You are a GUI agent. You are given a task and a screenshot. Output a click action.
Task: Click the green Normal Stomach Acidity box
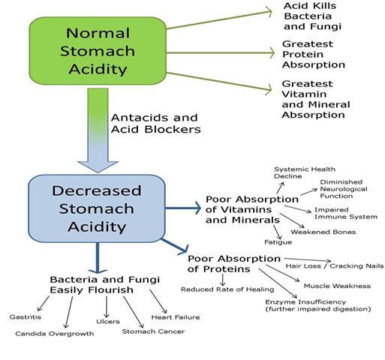click(98, 51)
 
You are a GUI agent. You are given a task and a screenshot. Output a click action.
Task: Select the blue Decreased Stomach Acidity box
click(97, 208)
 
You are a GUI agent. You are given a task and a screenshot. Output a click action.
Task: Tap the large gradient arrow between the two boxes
click(98, 130)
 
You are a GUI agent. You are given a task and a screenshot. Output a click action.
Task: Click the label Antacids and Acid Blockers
click(156, 124)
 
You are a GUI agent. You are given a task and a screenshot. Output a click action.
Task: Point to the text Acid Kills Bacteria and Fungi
click(312, 16)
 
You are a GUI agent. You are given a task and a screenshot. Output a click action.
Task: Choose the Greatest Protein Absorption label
click(314, 54)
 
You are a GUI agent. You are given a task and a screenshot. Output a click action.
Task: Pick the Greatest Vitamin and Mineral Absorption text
click(316, 99)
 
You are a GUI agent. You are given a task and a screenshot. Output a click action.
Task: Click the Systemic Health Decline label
click(305, 172)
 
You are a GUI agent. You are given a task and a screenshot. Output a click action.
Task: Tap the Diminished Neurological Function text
click(344, 189)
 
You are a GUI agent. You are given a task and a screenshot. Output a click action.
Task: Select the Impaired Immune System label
click(346, 213)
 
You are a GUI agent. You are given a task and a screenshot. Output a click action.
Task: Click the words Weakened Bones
click(323, 232)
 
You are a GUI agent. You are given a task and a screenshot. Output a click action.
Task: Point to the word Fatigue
click(278, 242)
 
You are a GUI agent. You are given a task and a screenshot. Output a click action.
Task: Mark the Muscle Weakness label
click(337, 286)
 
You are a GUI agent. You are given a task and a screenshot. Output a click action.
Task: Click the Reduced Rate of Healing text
click(227, 289)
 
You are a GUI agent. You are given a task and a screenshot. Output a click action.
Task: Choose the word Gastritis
click(26, 317)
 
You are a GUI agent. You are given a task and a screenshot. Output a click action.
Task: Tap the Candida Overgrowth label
click(55, 334)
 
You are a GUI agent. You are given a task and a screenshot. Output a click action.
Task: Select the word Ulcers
click(108, 322)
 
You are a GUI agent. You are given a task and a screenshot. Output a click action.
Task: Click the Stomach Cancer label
click(153, 331)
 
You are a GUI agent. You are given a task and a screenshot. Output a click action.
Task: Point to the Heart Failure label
click(176, 317)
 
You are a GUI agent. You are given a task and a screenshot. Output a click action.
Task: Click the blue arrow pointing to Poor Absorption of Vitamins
click(183, 208)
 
